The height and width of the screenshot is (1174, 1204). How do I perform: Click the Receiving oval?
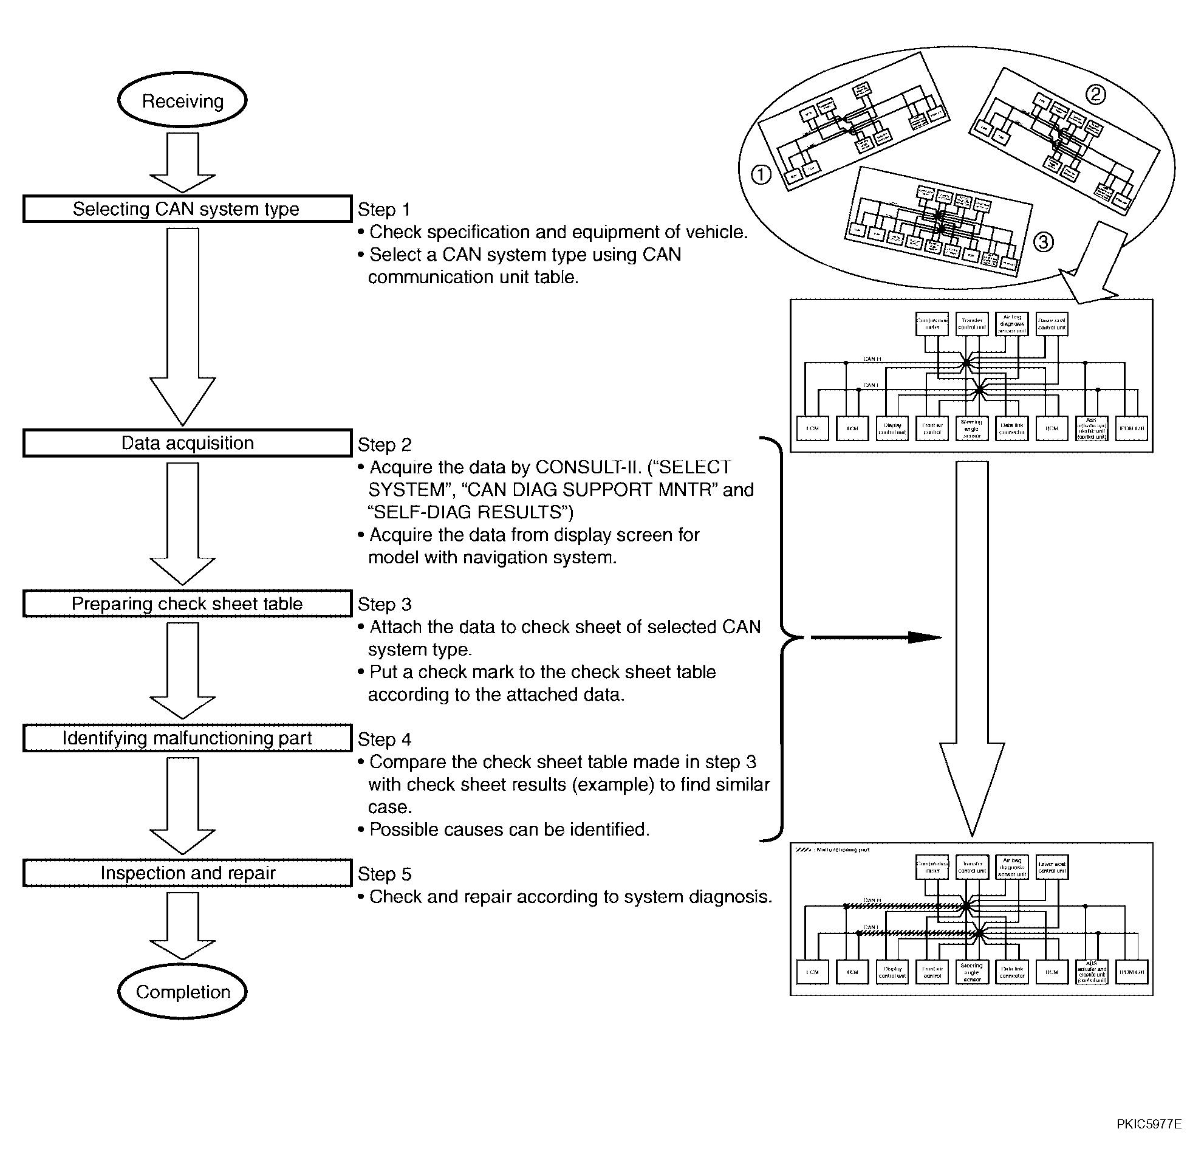182,100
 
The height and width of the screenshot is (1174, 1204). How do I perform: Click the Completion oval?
182,992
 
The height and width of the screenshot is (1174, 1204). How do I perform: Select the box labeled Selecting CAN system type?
186,209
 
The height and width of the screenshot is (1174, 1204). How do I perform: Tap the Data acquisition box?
186,443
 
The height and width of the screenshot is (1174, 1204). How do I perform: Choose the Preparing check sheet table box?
186,603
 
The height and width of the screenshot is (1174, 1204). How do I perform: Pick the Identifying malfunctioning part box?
186,738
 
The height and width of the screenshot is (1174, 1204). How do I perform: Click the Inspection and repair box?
186,873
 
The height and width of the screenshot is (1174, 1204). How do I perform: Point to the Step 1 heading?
383,210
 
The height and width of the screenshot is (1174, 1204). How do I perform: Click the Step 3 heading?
384,604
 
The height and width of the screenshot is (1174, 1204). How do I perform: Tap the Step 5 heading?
384,874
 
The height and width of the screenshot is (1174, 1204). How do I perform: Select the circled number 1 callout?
761,175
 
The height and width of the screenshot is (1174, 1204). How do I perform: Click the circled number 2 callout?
1095,94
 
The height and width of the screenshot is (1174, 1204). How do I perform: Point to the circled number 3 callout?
1043,242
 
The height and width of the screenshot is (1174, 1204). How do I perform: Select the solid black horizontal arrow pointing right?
875,637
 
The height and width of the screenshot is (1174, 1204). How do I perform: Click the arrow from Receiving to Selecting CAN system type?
182,162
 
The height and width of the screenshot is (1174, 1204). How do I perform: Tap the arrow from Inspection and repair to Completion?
182,925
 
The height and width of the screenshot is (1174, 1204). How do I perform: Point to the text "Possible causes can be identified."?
508,829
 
